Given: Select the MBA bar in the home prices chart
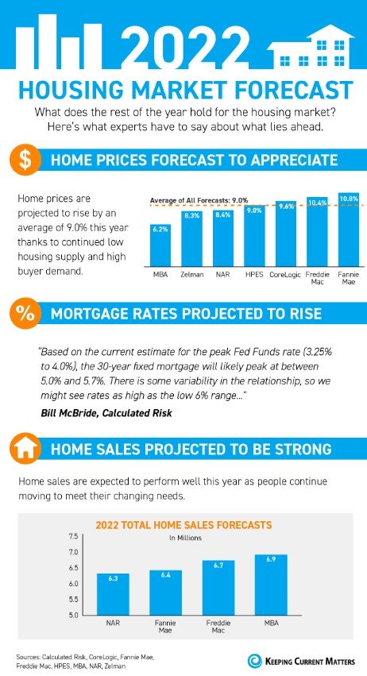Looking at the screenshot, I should coord(160,243).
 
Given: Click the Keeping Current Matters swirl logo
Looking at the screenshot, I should coord(255,658).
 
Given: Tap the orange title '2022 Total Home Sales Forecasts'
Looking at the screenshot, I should coord(183,524).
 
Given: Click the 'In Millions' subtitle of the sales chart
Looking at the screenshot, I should coord(183,538).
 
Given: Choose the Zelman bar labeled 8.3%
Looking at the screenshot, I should coord(191,238).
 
